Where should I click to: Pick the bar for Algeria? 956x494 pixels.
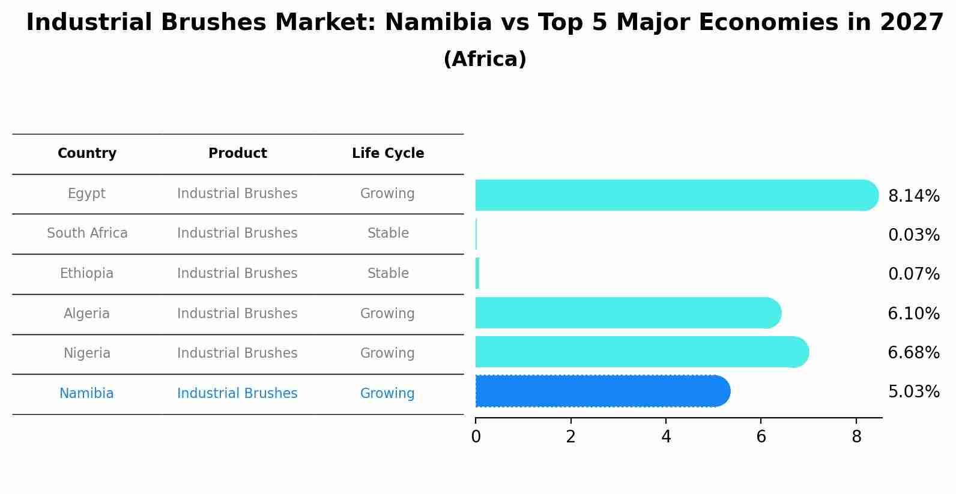(x=628, y=313)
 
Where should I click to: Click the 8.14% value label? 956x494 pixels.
(x=913, y=196)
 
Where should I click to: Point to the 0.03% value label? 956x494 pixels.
(x=913, y=235)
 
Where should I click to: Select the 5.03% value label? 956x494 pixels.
(x=913, y=392)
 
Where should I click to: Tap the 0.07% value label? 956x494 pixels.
(x=913, y=274)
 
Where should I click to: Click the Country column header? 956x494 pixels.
(x=87, y=154)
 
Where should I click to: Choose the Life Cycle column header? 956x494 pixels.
(x=388, y=154)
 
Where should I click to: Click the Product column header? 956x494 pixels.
(x=237, y=154)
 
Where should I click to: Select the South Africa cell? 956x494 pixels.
(x=87, y=233)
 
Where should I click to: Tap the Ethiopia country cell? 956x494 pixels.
(x=86, y=274)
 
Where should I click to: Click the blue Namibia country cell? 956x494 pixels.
(x=86, y=394)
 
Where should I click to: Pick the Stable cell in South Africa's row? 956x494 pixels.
(x=388, y=233)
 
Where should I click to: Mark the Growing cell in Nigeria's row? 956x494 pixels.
(x=387, y=354)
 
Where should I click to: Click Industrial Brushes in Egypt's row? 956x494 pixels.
(x=237, y=194)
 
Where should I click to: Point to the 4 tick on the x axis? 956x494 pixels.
(x=666, y=437)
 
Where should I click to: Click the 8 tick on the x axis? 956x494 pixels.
(x=856, y=437)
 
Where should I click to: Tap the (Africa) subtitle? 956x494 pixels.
(x=485, y=59)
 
